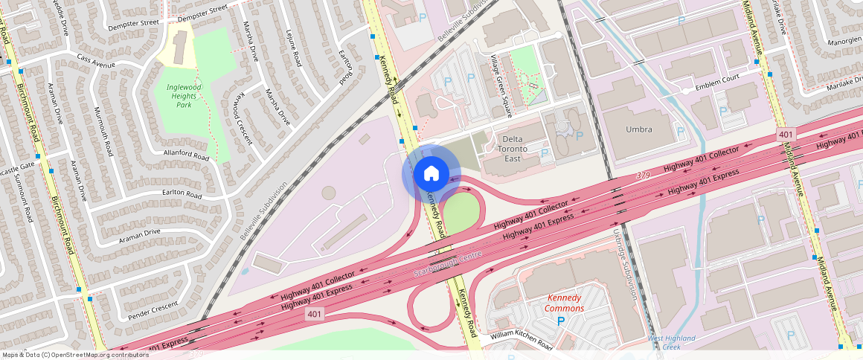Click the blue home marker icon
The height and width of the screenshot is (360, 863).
coord(431,173)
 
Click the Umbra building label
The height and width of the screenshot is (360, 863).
coord(639,129)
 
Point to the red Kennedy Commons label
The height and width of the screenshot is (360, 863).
coord(564,303)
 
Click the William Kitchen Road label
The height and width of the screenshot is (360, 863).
coord(521,341)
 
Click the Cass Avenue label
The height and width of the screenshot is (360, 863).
coord(95,61)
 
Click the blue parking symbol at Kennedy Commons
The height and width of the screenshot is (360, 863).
coord(561,321)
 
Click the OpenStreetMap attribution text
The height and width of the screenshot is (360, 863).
coord(74,355)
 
